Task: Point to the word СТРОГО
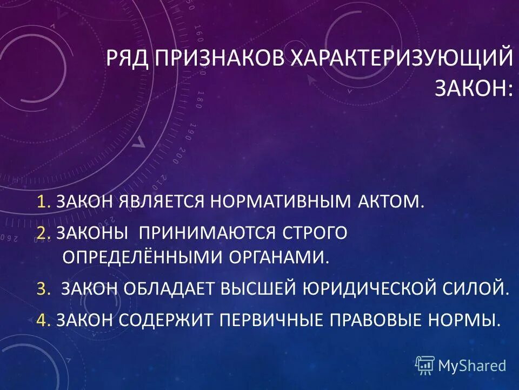[x=314, y=232]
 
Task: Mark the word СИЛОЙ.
[x=483, y=289]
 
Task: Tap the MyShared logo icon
[x=424, y=366]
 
